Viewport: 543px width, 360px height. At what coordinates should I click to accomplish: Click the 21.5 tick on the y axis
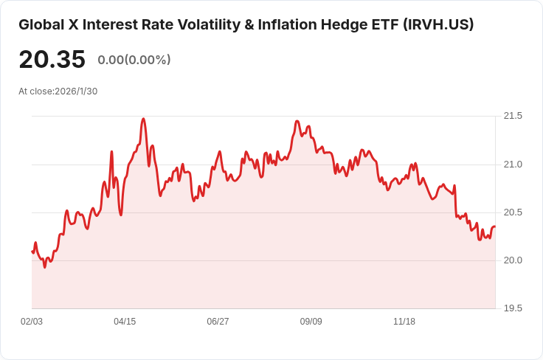pos(513,116)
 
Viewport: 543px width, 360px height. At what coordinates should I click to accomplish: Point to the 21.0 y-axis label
pos(513,164)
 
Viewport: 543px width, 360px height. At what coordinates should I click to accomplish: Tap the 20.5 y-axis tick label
pos(513,212)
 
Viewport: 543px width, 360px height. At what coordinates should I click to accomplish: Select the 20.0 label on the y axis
pos(513,260)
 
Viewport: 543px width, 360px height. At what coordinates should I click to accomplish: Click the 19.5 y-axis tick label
pos(513,308)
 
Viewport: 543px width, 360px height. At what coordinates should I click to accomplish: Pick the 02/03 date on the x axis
pos(32,322)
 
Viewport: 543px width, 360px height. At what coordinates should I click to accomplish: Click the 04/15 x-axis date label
pos(125,322)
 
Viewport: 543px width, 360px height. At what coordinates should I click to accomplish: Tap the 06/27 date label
pos(218,322)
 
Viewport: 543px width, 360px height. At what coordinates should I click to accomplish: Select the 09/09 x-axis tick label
pos(311,322)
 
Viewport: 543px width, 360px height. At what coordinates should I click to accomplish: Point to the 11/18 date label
pos(404,322)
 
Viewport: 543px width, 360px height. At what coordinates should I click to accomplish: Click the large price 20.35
pos(52,60)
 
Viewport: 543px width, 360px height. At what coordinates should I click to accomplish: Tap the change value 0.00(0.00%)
pos(134,60)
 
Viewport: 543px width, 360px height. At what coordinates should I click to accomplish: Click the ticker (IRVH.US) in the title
pos(438,24)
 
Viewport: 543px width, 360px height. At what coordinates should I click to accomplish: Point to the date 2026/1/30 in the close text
pos(76,91)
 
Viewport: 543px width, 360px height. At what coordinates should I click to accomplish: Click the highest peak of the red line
pos(143,118)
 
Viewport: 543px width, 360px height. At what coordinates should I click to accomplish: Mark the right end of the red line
pos(494,226)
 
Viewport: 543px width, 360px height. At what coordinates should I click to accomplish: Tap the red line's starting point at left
pos(32,252)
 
